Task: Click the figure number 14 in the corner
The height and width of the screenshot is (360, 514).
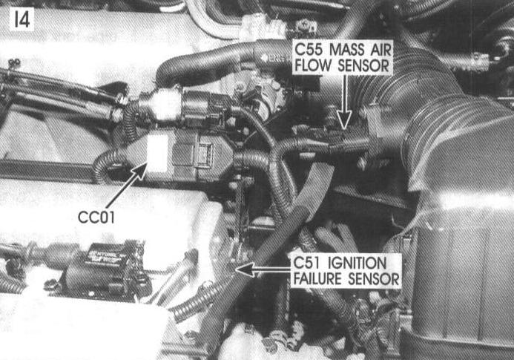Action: (22, 19)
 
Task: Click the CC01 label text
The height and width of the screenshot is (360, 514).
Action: (96, 217)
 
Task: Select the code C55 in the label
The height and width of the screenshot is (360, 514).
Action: (309, 50)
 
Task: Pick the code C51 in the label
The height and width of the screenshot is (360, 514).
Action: (307, 264)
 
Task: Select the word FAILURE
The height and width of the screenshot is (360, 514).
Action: (317, 279)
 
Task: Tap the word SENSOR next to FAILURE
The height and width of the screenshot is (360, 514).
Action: (374, 279)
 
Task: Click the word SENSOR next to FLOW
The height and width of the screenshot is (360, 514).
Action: (363, 65)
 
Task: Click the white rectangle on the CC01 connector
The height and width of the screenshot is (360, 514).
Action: (157, 154)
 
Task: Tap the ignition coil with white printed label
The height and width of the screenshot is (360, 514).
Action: (105, 269)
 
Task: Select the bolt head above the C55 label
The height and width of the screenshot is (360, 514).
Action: (306, 25)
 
